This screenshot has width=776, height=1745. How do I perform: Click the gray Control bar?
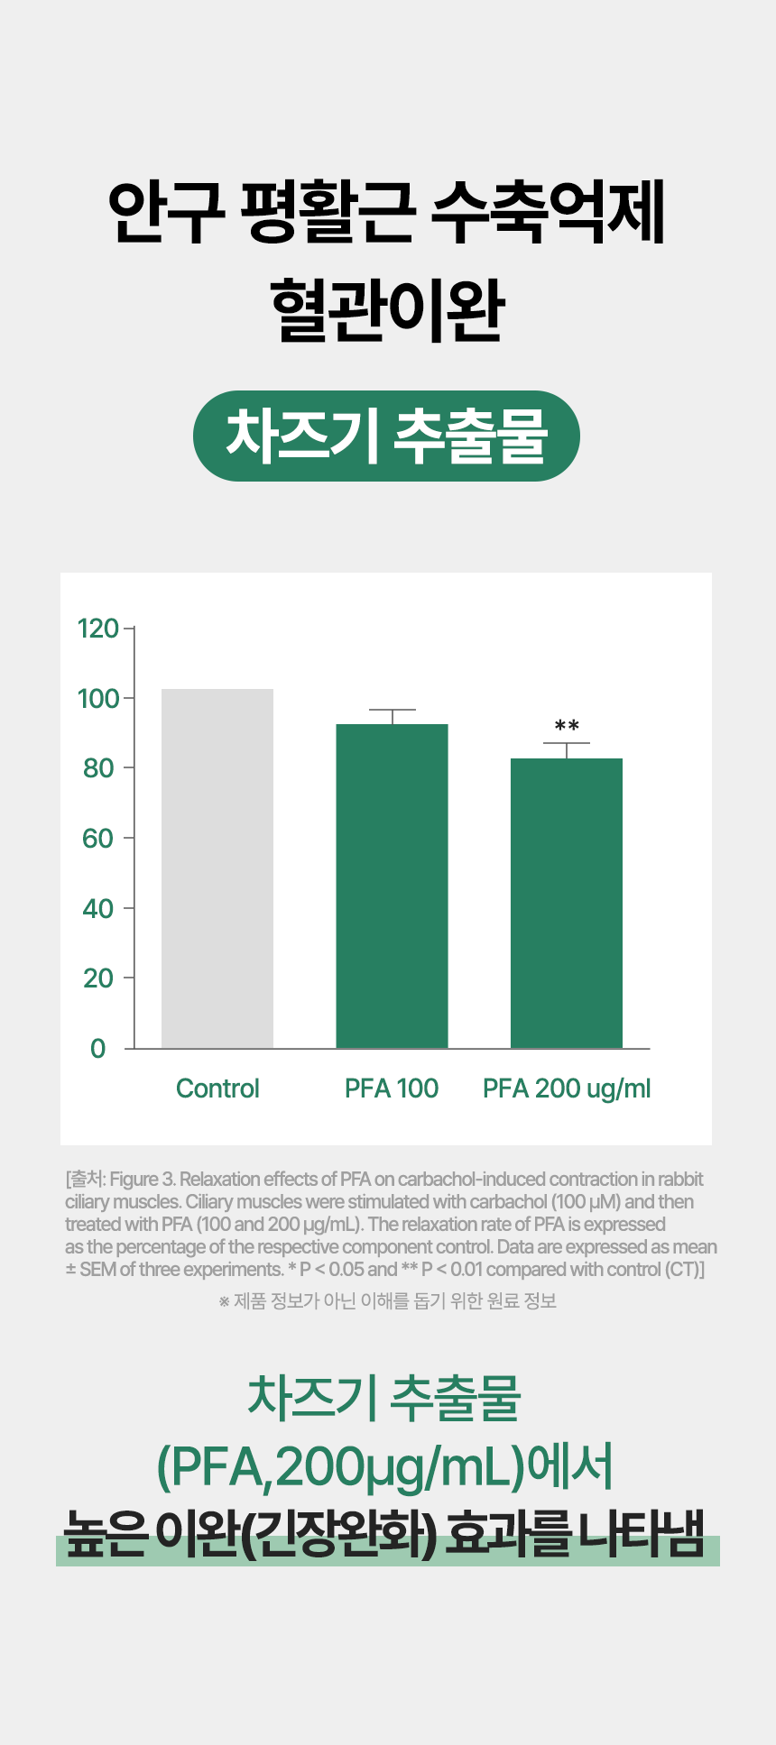coord(217,868)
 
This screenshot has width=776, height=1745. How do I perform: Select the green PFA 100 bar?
coord(392,886)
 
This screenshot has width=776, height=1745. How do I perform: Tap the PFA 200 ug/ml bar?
coord(567,903)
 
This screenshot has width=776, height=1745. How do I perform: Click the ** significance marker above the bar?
coord(567,726)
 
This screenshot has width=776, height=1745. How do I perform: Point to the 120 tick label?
coord(98,629)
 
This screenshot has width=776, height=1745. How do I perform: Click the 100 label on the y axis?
coord(98,699)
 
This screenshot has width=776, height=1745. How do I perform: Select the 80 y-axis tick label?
coord(98,768)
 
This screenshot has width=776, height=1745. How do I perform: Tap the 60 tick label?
coord(98,839)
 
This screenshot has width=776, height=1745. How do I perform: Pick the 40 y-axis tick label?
coord(98,908)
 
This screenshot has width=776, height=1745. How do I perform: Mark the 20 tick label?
coord(98,978)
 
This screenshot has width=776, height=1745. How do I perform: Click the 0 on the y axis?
coord(98,1049)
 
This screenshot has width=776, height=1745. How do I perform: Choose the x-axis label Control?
coord(217,1088)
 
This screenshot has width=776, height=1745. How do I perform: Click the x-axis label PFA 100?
coord(392,1088)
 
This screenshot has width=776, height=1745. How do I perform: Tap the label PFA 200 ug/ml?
coord(567,1089)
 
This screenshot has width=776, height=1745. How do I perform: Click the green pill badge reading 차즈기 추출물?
coord(386,436)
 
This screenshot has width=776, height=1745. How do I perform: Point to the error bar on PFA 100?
coord(392,716)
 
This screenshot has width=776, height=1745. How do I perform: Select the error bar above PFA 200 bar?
coord(567,750)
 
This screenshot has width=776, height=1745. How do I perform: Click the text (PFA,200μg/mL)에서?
coord(385,1467)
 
